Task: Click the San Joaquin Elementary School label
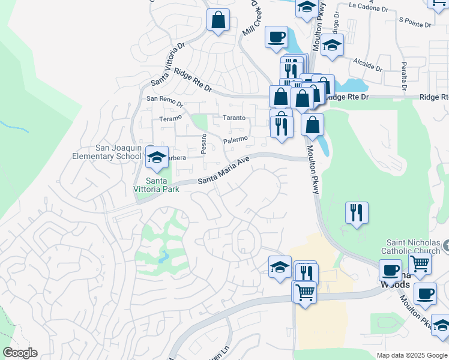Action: coord(118,152)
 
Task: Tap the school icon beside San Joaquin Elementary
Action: coord(157,158)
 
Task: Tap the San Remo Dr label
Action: coord(161,98)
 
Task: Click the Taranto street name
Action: coord(234,118)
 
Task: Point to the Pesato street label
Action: coord(204,144)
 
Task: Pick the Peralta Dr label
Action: coord(405,76)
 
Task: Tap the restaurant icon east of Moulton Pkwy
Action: coord(357,212)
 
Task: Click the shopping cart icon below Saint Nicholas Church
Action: coord(420,263)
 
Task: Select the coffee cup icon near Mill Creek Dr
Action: coord(276,37)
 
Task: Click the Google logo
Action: coord(20,353)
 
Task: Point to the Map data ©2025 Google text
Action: coord(411,355)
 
